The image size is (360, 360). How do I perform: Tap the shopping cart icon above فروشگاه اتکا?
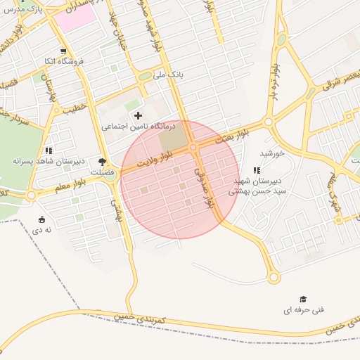(64, 51)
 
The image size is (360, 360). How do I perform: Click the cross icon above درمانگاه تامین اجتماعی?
(137, 115)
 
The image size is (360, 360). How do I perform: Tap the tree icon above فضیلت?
(102, 161)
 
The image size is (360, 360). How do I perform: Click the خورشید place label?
(271, 153)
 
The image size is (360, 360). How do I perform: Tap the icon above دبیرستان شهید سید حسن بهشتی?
(257, 170)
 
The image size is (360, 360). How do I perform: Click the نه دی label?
(42, 229)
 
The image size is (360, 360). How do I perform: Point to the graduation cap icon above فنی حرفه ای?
(303, 299)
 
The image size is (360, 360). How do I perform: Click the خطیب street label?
(75, 109)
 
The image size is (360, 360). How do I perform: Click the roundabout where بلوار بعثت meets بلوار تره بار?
(268, 122)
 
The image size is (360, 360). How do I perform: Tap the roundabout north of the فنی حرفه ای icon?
(274, 277)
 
